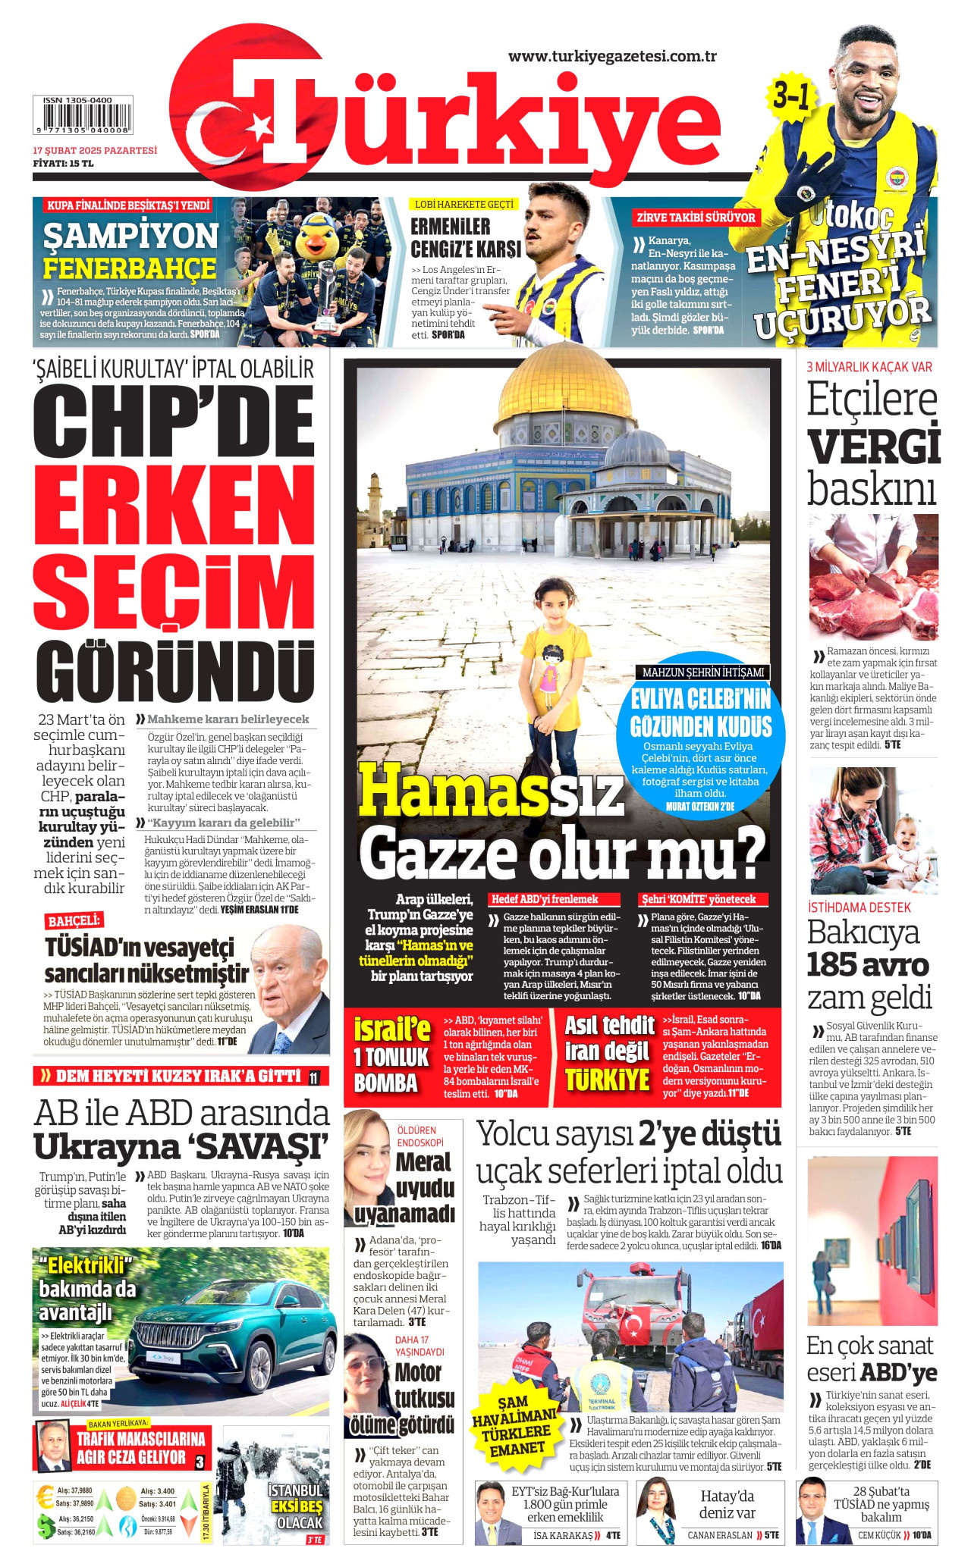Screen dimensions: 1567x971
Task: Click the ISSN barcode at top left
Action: (x=83, y=114)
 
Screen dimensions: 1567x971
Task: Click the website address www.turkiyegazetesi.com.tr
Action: (x=612, y=56)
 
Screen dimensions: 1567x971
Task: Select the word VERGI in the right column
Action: (x=873, y=447)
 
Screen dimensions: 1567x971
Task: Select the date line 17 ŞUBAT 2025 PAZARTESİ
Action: (x=95, y=150)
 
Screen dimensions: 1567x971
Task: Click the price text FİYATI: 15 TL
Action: (x=63, y=163)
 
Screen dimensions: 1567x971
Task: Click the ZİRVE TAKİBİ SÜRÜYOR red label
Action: (x=695, y=218)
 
